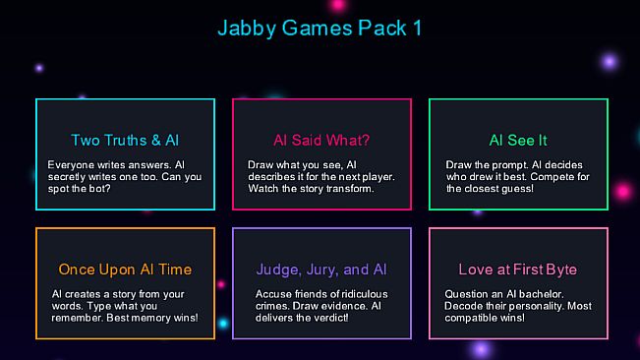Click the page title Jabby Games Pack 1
click(x=320, y=28)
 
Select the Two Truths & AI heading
click(x=125, y=140)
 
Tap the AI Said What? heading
click(x=321, y=140)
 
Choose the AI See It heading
click(x=518, y=140)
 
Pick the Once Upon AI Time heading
click(x=125, y=270)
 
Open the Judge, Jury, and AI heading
click(x=321, y=270)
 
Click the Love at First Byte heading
click(x=518, y=270)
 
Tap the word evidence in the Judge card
click(x=348, y=306)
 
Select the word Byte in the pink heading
click(x=560, y=270)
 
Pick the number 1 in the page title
click(x=417, y=28)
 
